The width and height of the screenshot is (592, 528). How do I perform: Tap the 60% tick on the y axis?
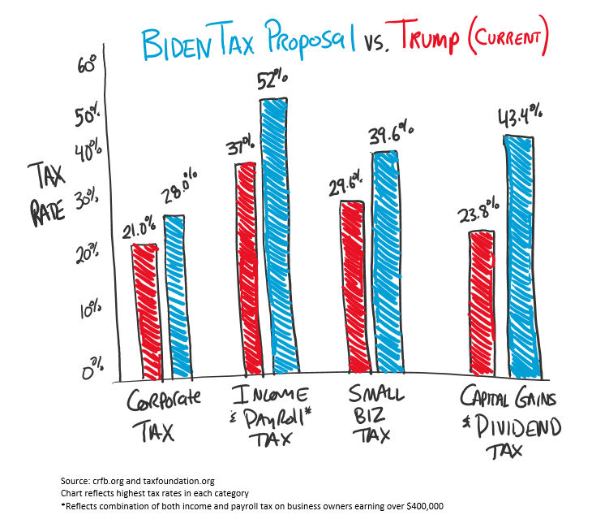click(x=87, y=63)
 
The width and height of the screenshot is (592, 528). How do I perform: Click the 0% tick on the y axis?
click(x=92, y=370)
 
